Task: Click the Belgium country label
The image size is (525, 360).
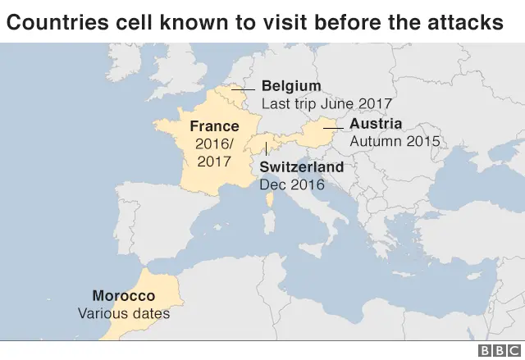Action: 291,87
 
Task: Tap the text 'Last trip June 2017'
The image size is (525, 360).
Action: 326,104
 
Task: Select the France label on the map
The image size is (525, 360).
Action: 214,126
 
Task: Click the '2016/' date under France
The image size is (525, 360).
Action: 214,144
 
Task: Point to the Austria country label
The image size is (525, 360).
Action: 375,124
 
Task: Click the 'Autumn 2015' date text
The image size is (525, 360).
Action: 395,141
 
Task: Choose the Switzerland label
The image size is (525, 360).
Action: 301,167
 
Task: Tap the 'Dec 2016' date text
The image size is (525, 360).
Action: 292,185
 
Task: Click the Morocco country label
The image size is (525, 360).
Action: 123,295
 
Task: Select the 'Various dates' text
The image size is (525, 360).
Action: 123,312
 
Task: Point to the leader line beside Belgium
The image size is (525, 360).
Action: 243,89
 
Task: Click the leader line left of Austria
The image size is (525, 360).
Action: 332,128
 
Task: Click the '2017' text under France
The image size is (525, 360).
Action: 214,161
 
